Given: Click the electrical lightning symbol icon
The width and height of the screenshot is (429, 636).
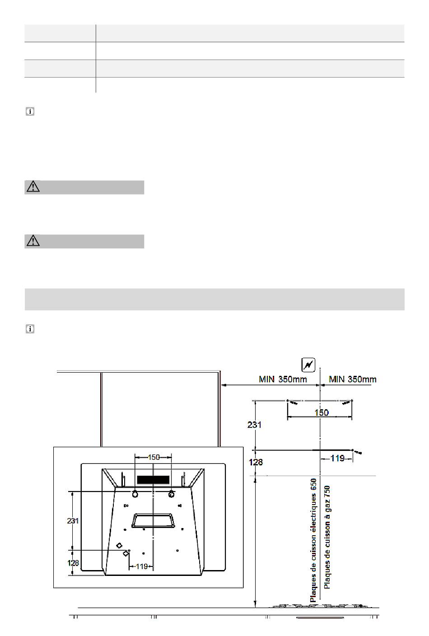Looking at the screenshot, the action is pos(308,365).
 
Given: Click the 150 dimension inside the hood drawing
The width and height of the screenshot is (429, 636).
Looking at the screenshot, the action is pos(154,457).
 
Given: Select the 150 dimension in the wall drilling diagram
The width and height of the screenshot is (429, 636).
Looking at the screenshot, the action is pos(322,412).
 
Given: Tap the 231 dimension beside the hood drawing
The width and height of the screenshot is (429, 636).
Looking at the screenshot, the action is pos(73,521).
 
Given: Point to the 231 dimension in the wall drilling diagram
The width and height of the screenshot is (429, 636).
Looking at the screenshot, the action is pos(254,425).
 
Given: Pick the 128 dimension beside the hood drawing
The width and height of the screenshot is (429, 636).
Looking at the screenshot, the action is pos(73,563).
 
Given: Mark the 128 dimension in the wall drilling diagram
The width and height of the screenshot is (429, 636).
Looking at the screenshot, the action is pos(256,462).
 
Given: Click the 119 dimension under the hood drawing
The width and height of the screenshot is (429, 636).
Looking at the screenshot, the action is pos(142,566).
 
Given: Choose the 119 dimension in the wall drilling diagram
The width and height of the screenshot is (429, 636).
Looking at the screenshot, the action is pos(338,458).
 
